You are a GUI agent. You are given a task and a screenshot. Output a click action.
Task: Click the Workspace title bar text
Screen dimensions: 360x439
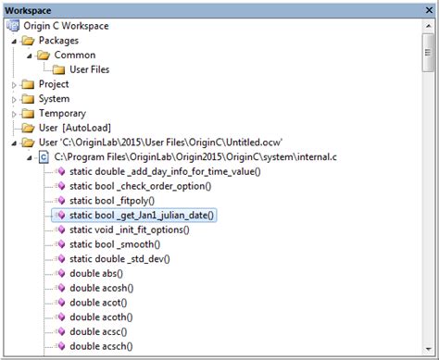(x=29, y=8)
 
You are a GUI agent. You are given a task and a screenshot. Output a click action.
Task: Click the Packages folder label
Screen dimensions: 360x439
(x=58, y=40)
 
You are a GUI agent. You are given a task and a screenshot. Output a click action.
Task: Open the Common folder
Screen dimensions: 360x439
(x=74, y=55)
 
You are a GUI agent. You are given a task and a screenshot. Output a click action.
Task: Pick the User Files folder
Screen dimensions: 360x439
(x=92, y=69)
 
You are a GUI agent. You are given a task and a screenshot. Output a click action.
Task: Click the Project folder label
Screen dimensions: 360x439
(x=54, y=84)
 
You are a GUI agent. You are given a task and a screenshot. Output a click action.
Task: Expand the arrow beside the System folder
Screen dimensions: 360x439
(x=14, y=99)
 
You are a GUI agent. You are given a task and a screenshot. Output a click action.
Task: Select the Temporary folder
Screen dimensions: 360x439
(x=62, y=114)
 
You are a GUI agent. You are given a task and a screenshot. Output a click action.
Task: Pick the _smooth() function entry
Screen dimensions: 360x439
(x=116, y=244)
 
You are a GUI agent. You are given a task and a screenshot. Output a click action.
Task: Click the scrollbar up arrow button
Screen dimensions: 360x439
(x=428, y=25)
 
